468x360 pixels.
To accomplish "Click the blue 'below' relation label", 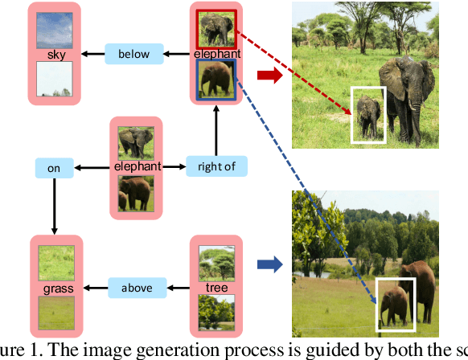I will point(133,55).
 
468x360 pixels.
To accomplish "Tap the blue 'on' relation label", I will point(54,168).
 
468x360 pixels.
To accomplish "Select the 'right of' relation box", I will point(216,167).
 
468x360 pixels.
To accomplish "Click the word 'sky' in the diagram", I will point(55,55).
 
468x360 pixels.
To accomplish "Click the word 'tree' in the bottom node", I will point(216,287).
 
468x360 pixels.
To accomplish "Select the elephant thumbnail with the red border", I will point(216,29).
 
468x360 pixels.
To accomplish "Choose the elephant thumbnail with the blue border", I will point(216,80).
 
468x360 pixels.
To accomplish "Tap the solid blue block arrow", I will point(268,262).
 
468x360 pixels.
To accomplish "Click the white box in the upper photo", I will point(367,115).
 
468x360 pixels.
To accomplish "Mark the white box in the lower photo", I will point(396,305).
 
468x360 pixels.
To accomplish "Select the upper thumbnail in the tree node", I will point(216,262).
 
